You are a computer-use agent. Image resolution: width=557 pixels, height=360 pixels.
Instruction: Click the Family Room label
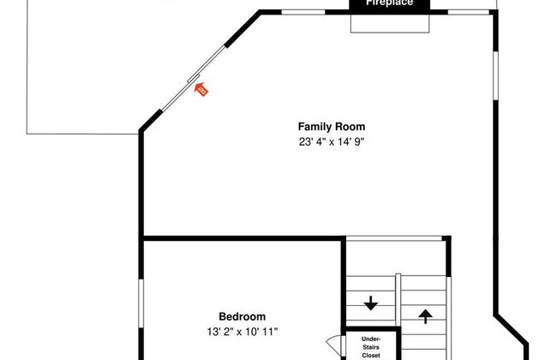click(x=332, y=127)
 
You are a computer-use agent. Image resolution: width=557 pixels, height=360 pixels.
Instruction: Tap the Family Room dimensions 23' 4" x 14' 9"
click(x=332, y=142)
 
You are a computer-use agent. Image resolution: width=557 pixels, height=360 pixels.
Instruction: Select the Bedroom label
click(x=242, y=316)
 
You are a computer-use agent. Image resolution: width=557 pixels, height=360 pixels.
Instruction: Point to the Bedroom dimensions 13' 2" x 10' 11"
click(x=243, y=332)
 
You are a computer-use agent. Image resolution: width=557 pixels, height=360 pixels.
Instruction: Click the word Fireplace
click(x=389, y=3)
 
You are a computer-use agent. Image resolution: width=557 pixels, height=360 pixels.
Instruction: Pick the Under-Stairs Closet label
click(x=371, y=347)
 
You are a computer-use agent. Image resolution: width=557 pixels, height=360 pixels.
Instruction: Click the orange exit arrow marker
click(x=201, y=89)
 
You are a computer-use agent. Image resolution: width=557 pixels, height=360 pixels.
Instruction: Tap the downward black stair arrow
click(x=371, y=303)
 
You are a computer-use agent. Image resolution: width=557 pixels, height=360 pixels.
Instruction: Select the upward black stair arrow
click(x=425, y=316)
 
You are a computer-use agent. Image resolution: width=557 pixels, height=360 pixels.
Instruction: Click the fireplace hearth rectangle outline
click(x=390, y=33)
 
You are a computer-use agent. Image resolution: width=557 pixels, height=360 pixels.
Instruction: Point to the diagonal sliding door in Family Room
click(x=193, y=79)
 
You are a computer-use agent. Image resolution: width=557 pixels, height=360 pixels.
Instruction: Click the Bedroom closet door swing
click(x=334, y=344)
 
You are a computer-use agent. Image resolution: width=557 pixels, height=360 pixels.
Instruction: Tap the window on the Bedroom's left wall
click(x=141, y=303)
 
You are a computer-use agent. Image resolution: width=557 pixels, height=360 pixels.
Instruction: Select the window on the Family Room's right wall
click(x=496, y=75)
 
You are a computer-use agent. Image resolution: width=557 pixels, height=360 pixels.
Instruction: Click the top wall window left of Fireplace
click(x=303, y=12)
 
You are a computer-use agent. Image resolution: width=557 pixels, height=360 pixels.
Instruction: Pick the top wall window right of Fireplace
click(x=469, y=12)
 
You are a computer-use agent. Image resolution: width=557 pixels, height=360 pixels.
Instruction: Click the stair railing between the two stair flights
click(x=398, y=300)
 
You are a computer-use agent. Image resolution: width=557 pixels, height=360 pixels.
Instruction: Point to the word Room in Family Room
click(x=351, y=127)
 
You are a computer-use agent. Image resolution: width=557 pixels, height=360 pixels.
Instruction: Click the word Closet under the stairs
click(x=371, y=356)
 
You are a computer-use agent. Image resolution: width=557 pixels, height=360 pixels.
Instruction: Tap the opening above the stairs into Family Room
click(x=394, y=238)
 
